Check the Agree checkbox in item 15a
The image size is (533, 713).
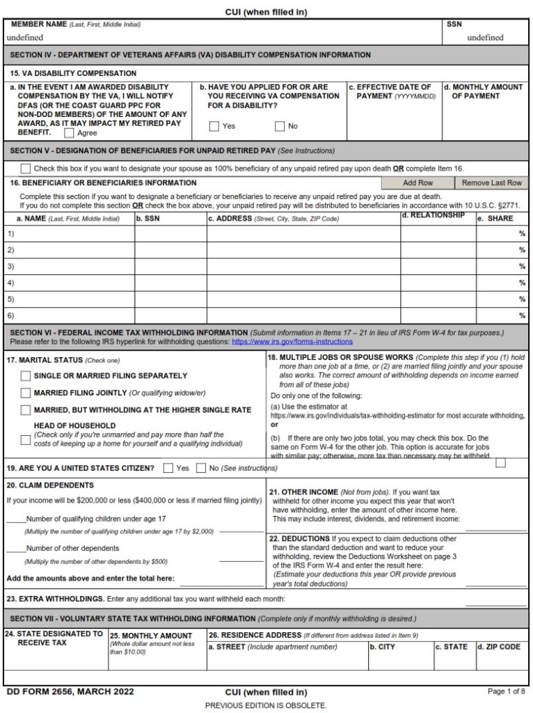69,133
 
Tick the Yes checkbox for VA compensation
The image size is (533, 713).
214,126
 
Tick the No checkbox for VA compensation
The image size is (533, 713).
280,126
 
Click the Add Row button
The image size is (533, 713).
417,182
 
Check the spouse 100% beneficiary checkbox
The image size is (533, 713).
26,168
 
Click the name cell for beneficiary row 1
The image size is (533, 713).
70,234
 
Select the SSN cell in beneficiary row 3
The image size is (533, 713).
170,267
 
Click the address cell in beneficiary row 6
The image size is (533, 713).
303,315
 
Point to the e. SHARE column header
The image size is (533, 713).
495,219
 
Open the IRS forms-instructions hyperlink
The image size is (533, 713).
292,342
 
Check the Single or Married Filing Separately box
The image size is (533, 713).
26,375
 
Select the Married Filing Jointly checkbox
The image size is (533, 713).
26,393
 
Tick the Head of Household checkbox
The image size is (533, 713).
26,439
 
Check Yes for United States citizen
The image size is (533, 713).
168,468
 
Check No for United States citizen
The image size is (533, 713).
202,468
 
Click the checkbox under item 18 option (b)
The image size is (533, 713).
500,462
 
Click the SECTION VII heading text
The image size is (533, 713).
132,618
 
